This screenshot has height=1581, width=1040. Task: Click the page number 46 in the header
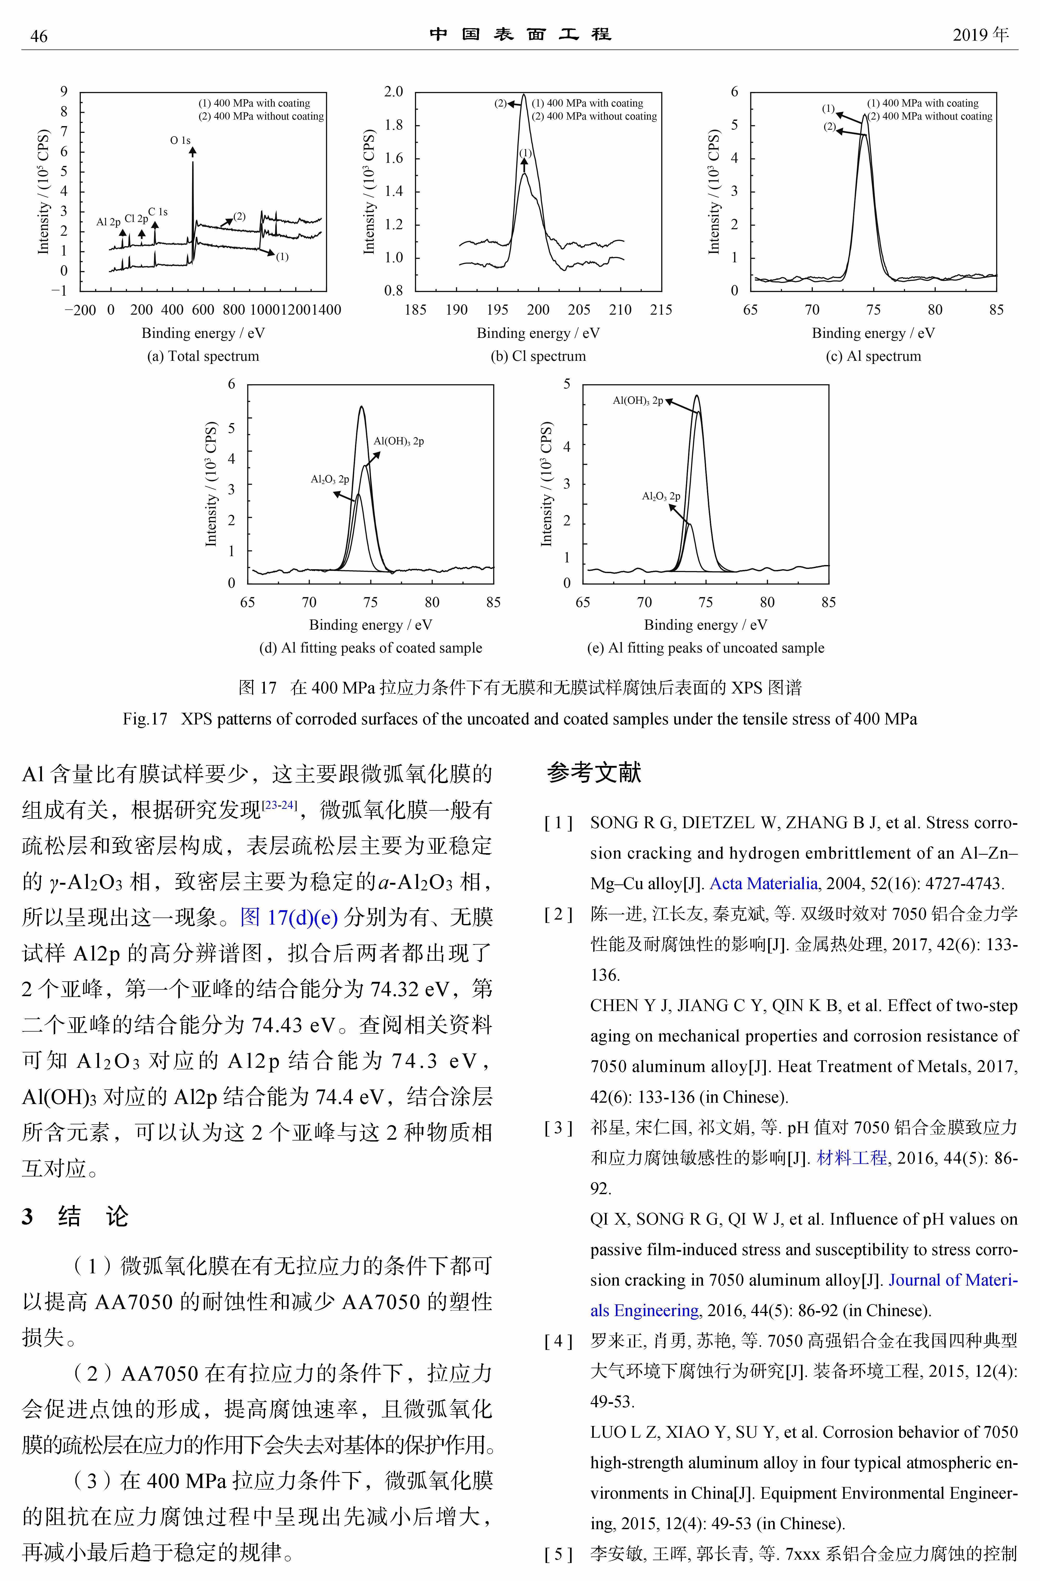pos(39,36)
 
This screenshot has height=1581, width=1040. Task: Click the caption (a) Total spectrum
pos(203,356)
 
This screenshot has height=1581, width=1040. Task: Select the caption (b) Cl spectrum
pos(538,356)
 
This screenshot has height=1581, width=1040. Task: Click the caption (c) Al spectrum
pos(873,356)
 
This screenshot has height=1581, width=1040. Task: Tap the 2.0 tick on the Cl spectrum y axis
pos(393,92)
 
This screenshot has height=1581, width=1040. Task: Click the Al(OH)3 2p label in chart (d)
pos(399,441)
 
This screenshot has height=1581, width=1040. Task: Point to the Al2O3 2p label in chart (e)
pos(660,496)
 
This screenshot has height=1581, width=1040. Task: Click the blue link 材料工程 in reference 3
pos(852,1158)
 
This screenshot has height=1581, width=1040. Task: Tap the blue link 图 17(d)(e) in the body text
pos(289,917)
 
